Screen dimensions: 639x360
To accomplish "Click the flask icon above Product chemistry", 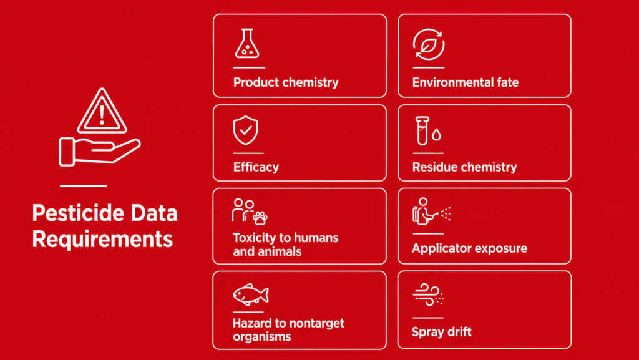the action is click(247, 43).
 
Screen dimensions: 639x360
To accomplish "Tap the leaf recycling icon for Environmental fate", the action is click(428, 44).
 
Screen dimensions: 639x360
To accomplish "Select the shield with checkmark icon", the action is click(245, 130).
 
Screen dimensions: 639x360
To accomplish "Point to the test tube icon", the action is click(422, 131).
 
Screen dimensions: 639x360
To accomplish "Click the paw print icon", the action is click(260, 218).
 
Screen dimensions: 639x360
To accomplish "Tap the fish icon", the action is click(251, 294).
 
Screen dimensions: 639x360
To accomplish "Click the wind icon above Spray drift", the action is click(428, 294).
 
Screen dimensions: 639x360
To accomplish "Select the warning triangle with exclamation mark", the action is click(102, 111).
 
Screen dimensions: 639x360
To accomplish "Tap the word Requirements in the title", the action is click(103, 238).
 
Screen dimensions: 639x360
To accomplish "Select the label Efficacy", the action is click(256, 167).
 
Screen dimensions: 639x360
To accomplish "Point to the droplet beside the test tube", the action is click(436, 134).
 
